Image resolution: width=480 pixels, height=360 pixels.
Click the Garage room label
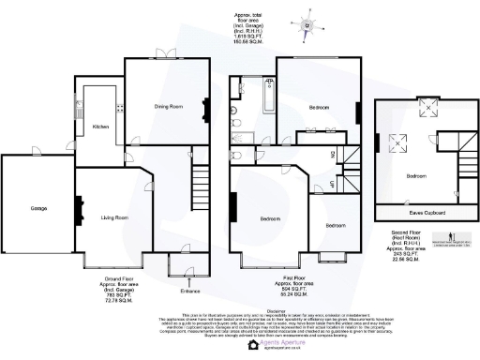pyautogui.click(x=38, y=208)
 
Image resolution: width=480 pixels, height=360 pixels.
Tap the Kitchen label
pyautogui.click(x=100, y=126)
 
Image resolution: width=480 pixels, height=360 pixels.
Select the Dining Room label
pyautogui.click(x=168, y=107)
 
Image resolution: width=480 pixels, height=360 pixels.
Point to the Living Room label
pyautogui.click(x=114, y=217)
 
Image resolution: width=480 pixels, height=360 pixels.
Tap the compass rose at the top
pyautogui.click(x=307, y=26)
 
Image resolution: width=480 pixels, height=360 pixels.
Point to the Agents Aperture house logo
pyautogui.click(x=253, y=346)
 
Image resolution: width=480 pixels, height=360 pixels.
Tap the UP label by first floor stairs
pyautogui.click(x=333, y=185)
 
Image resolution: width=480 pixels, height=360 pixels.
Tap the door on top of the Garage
pyautogui.click(x=37, y=154)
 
